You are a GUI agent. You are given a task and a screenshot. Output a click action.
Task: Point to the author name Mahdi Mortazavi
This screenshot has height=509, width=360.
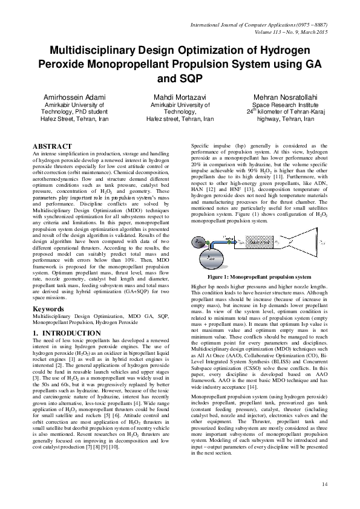(179, 97)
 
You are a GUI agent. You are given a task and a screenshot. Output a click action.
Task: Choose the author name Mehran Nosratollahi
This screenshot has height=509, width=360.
(285, 97)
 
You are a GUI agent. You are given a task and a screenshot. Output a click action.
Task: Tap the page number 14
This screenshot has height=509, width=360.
(324, 484)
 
